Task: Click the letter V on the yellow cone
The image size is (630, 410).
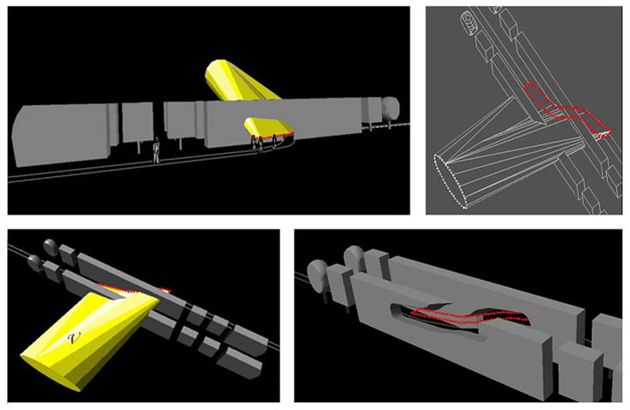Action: pos(72,339)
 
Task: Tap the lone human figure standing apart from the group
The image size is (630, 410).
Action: pos(157,151)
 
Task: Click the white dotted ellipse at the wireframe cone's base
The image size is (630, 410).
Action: pos(451,182)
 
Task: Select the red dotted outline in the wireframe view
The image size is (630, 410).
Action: pos(567,110)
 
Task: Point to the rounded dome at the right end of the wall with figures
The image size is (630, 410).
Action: pos(391,109)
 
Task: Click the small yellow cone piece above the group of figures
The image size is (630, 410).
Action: pos(265,127)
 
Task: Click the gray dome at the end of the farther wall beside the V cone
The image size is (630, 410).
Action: pos(51,247)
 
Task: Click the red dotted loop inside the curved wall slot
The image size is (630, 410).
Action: pos(469,316)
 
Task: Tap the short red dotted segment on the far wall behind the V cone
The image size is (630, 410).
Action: pos(164,289)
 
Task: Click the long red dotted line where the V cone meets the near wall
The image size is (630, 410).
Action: pos(118,288)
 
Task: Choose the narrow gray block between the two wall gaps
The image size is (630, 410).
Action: pos(137,122)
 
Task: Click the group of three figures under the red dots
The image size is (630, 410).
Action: pos(264,144)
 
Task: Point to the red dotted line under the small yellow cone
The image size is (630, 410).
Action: pos(273,135)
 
